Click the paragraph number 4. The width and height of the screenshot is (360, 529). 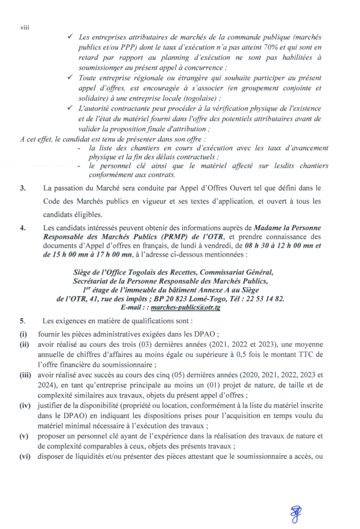tap(23, 226)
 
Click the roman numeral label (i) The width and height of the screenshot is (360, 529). tap(23, 334)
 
